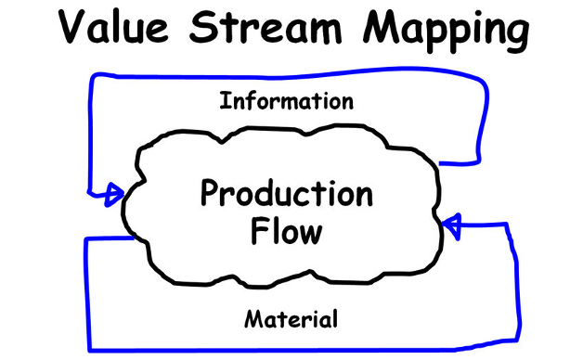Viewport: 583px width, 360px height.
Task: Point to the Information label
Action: [286, 100]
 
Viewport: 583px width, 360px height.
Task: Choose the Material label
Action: [291, 321]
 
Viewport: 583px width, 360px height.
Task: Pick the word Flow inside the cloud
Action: [287, 230]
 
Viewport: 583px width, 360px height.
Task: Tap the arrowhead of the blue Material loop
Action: [452, 224]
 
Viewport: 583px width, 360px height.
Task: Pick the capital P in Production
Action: [210, 195]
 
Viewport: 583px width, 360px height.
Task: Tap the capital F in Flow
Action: [260, 229]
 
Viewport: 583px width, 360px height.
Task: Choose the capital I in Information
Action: [224, 100]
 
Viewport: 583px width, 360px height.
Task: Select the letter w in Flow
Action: [311, 232]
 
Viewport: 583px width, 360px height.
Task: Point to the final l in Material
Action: [334, 320]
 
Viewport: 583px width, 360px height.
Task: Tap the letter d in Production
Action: [266, 195]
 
